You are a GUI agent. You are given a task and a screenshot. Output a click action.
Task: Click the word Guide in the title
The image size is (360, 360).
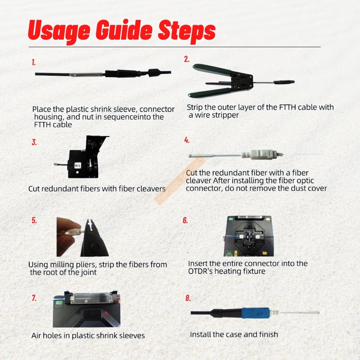tap(124, 30)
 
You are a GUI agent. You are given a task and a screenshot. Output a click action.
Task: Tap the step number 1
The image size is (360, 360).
tap(33, 62)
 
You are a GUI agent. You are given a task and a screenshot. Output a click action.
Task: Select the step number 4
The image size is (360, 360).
tap(187, 140)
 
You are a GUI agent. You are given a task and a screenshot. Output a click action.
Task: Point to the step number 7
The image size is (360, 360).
tap(34, 298)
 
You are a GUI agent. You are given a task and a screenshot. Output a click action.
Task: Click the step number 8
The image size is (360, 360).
tap(188, 298)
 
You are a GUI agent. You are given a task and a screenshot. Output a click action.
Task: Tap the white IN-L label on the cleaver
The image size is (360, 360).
tap(78, 166)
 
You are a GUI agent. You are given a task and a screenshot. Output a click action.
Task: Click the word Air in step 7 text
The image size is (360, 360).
tap(36, 336)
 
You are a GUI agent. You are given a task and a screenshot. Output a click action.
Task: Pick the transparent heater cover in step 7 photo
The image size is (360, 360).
tap(90, 299)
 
